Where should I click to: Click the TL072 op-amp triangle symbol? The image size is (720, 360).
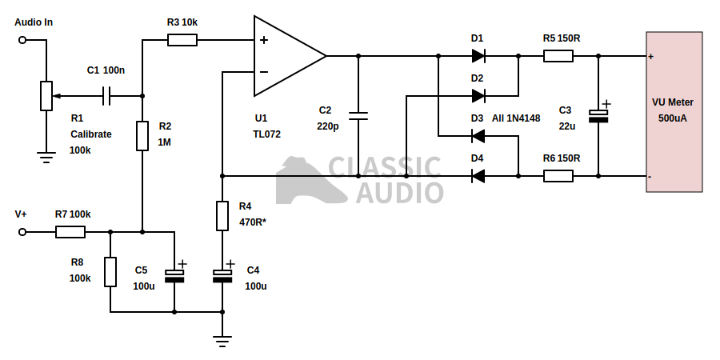[284, 56]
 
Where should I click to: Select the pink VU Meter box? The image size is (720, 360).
[674, 112]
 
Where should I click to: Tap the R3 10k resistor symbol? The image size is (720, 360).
[182, 40]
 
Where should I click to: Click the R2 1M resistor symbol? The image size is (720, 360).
[142, 136]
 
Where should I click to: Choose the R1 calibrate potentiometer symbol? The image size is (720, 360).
[46, 96]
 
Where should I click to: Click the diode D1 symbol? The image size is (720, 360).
[478, 56]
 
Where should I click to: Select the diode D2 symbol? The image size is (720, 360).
[478, 96]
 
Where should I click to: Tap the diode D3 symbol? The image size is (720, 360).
[478, 136]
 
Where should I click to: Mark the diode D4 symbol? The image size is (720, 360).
[478, 176]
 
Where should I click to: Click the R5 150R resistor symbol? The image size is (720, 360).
[558, 56]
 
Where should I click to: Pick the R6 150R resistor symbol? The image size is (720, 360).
[558, 176]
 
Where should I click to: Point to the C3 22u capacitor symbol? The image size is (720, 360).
[598, 116]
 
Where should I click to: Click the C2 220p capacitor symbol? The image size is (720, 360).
[358, 116]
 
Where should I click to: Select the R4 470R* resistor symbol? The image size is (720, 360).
[222, 216]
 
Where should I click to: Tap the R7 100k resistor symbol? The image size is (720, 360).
[70, 232]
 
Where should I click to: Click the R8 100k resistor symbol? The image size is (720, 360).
[110, 272]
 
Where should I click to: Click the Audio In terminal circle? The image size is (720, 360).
[22, 40]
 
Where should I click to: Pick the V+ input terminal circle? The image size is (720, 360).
[22, 232]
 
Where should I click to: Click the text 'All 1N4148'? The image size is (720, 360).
[516, 118]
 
